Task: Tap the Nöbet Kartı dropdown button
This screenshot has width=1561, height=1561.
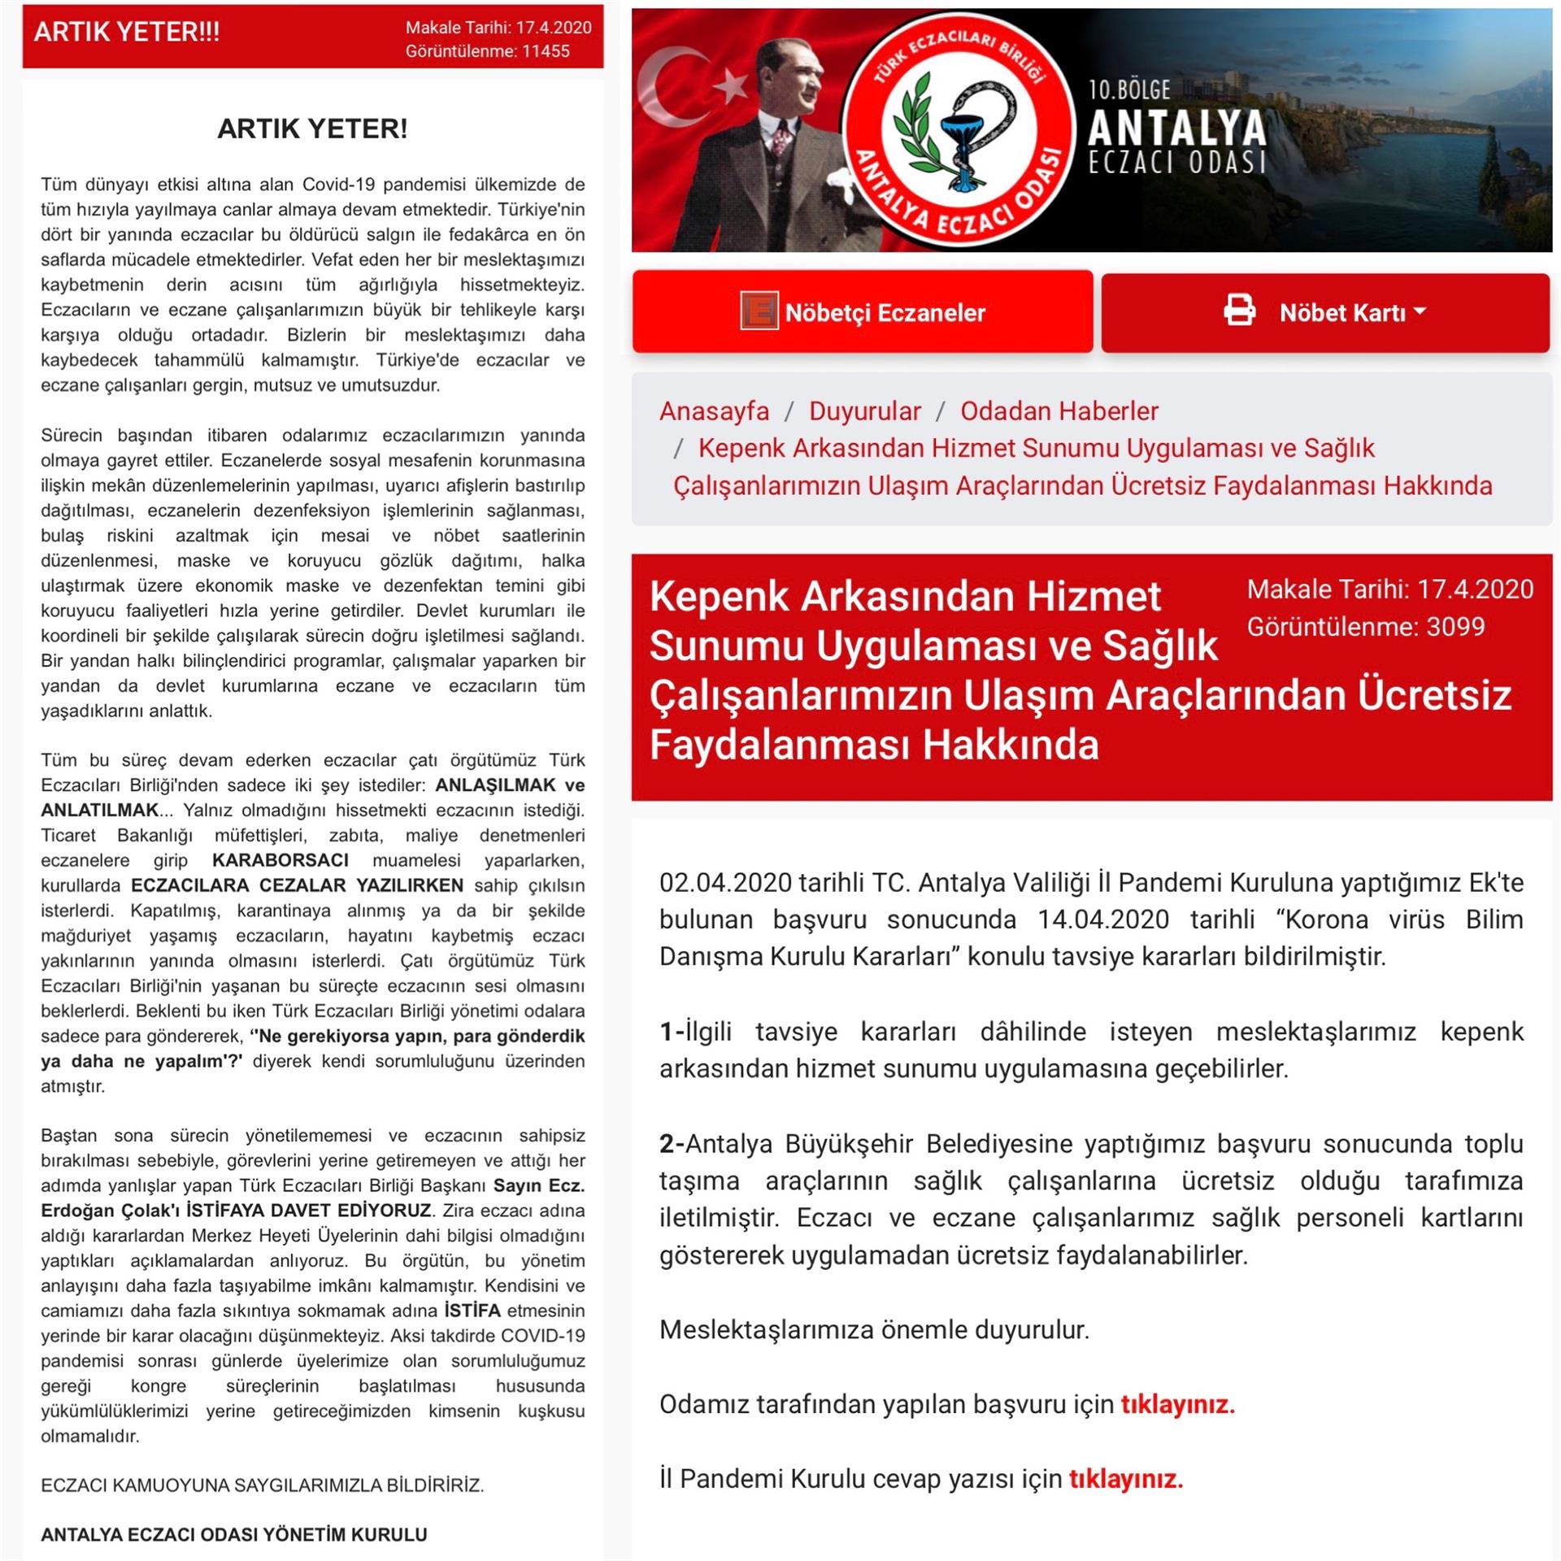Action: tap(1352, 313)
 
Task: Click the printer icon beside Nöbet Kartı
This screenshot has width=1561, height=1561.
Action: tap(1239, 311)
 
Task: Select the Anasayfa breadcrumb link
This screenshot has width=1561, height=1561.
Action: tap(714, 411)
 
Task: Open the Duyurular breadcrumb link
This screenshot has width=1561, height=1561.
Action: tap(864, 411)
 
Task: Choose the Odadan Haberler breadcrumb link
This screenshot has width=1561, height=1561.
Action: tap(1059, 411)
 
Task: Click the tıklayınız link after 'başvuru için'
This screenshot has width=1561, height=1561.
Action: tap(1177, 1404)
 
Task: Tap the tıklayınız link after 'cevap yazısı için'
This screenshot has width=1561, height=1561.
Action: tap(1125, 1479)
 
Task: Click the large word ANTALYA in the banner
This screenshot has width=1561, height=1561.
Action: tap(1176, 128)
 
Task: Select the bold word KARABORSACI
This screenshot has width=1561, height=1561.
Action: tap(280, 860)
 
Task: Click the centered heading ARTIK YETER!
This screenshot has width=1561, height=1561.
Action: tap(312, 128)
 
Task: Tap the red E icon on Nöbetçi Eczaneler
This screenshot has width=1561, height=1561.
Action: tap(759, 311)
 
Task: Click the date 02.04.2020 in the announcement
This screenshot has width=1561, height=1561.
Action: tap(725, 883)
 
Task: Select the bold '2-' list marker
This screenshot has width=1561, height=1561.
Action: tap(672, 1144)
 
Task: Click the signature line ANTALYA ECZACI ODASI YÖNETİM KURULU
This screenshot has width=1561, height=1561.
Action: tap(234, 1534)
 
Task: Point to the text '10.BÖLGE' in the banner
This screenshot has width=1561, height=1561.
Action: tap(1130, 89)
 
